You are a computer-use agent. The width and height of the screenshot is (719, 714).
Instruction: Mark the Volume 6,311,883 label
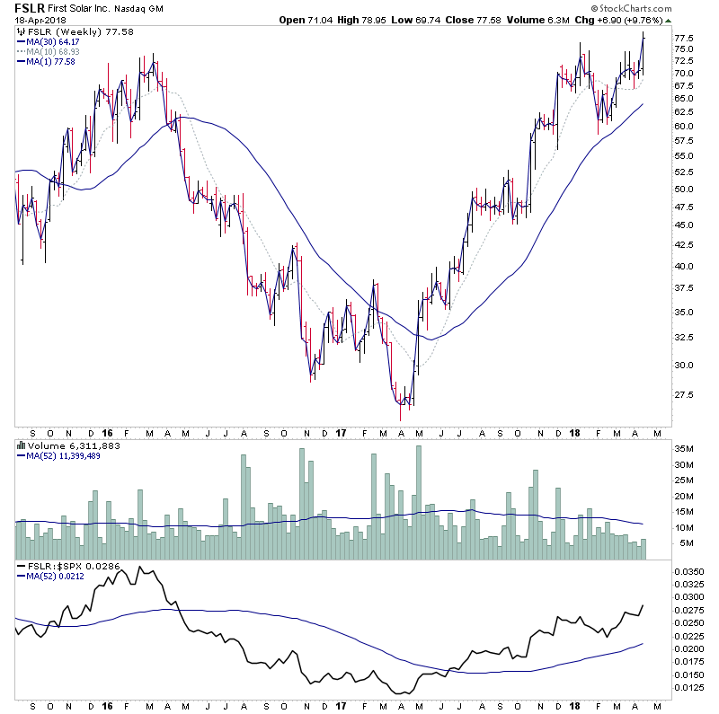tap(63, 445)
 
